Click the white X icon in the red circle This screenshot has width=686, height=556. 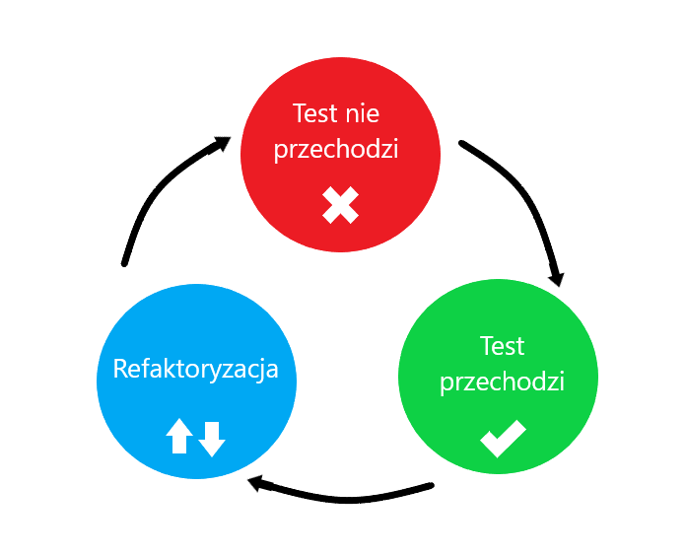340,205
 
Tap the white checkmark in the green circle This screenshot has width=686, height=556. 503,439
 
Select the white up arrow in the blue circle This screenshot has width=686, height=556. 179,436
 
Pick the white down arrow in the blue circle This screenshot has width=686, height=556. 212,440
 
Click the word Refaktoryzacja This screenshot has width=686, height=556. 195,370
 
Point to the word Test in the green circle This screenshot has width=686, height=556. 502,346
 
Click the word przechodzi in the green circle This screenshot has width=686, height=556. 502,382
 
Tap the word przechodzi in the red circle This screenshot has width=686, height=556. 336,149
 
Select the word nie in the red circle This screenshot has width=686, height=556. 363,113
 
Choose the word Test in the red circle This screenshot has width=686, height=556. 314,113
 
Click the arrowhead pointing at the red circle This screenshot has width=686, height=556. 219,144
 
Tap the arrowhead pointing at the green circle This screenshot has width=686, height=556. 558,278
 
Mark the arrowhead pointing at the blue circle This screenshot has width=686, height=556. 257,483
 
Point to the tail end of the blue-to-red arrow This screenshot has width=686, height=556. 124,263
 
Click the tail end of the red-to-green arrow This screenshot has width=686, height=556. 461,143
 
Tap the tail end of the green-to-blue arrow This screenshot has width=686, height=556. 431,486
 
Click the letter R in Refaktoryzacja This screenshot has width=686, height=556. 120,369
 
